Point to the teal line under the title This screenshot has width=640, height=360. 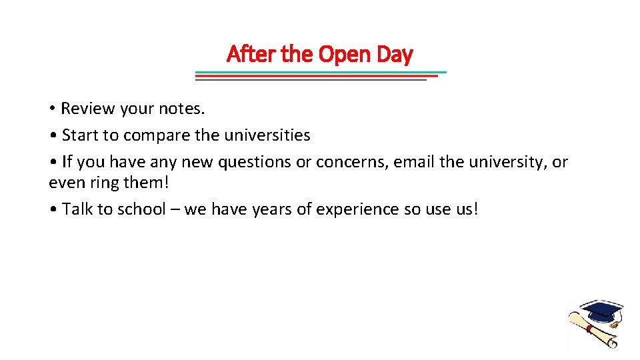click(x=321, y=72)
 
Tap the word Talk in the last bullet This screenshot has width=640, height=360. click(x=77, y=209)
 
